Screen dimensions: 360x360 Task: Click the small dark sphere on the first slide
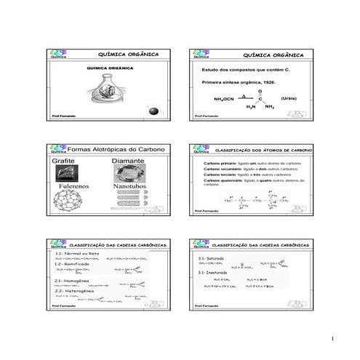click(153, 109)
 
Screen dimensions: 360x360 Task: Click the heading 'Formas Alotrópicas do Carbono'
click(116, 149)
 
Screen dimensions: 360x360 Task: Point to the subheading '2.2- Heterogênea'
click(72, 289)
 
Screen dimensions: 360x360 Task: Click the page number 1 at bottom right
click(331, 339)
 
